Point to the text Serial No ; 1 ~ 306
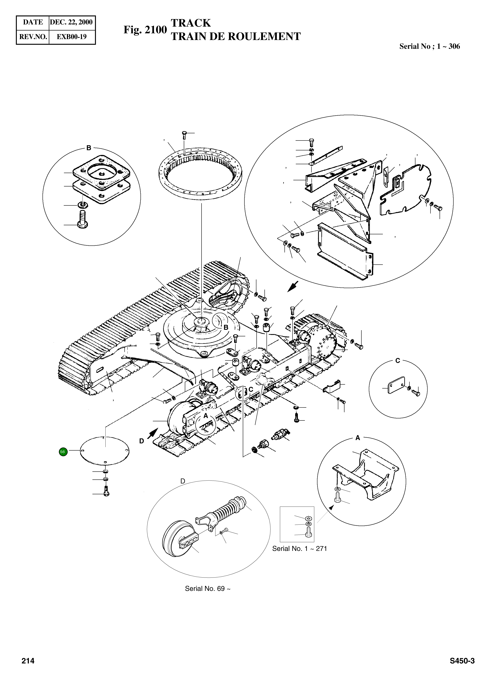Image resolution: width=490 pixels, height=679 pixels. (x=429, y=46)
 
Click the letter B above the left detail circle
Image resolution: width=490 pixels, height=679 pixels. (x=89, y=148)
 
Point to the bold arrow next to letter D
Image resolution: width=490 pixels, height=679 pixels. (x=153, y=433)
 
